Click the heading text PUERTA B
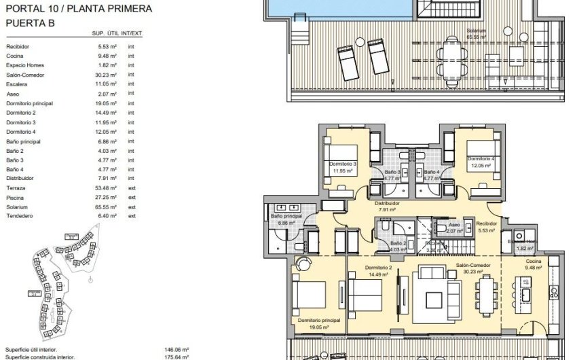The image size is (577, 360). point(29,22)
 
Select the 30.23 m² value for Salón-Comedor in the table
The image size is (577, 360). point(107,75)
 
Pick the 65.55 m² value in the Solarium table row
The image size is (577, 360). point(107,206)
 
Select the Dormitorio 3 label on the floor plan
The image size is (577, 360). point(343,164)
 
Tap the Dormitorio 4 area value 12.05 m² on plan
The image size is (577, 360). point(479,165)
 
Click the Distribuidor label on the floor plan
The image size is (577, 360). point(387,202)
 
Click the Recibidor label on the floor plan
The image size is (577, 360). point(486,223)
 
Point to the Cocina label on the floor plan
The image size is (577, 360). point(534,261)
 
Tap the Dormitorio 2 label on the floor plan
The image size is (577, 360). point(377,268)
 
